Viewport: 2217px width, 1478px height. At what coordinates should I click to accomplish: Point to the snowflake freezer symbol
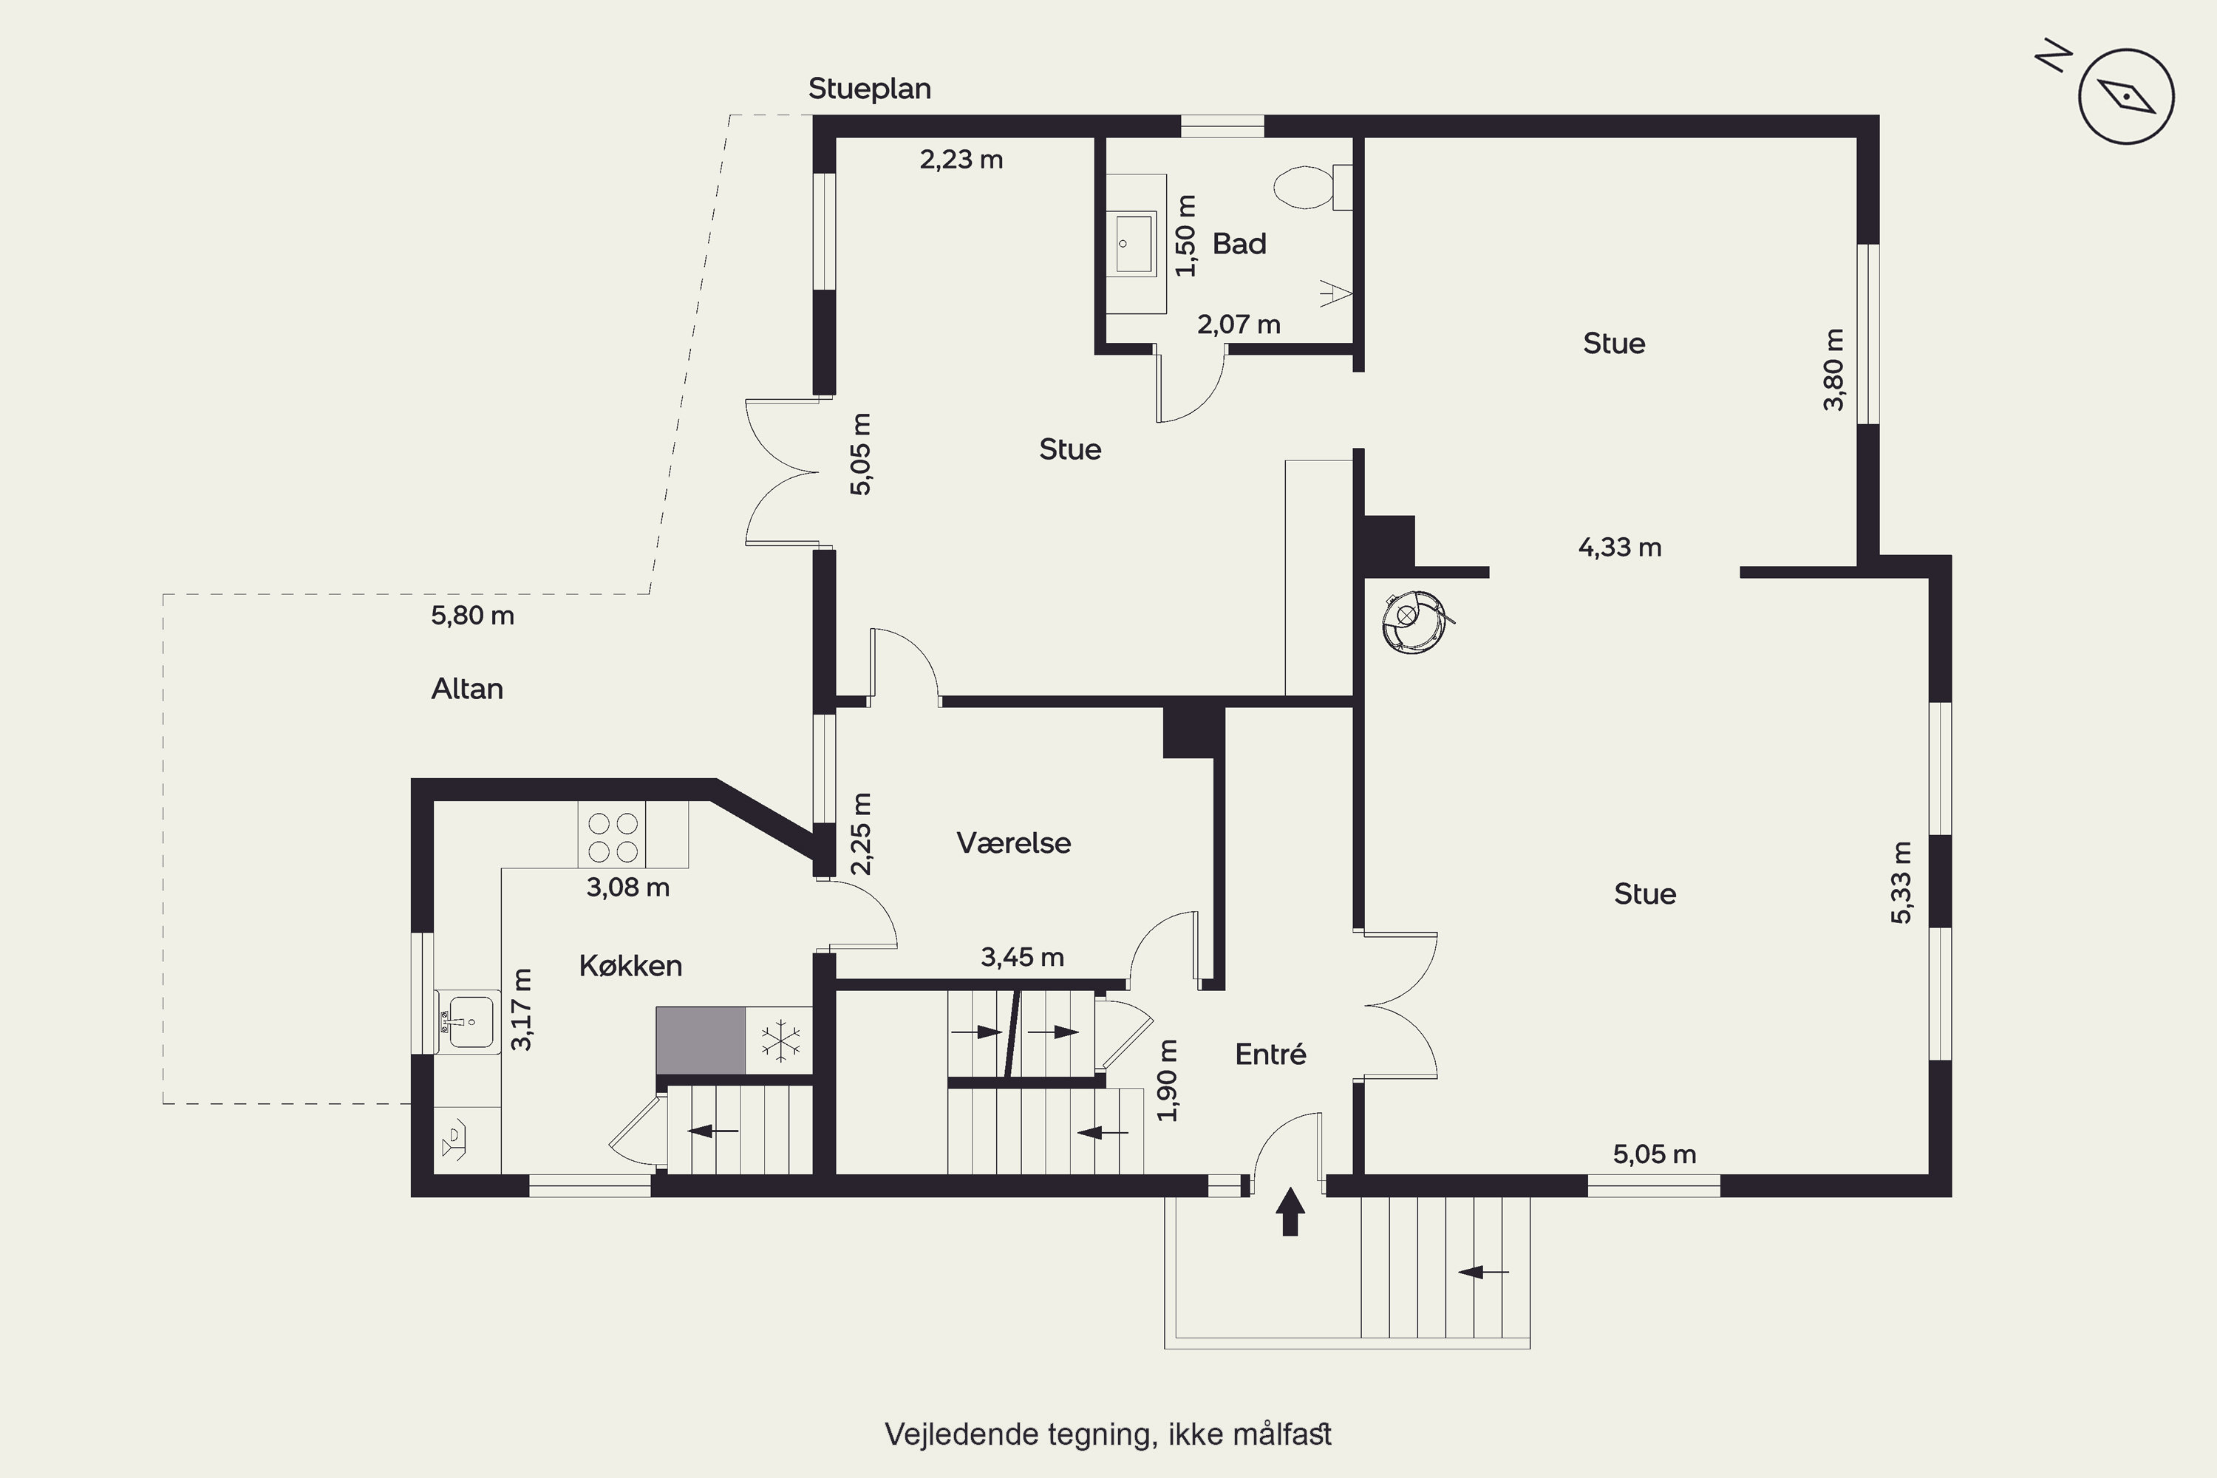780,1041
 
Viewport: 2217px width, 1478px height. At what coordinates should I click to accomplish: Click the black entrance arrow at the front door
1290,1211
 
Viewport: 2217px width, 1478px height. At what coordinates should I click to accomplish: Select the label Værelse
1013,842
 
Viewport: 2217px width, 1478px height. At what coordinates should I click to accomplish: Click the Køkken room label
630,965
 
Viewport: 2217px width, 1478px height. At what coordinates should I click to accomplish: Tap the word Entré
1270,1054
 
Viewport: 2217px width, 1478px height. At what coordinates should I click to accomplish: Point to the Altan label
466,689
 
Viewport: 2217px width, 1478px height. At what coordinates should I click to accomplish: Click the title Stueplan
870,89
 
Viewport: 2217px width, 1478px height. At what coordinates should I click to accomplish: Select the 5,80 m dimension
472,616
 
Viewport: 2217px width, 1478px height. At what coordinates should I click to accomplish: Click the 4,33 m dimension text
1619,548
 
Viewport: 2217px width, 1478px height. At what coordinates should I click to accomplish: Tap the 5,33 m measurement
1901,882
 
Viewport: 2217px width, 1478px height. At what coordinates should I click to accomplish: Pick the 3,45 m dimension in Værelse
1022,958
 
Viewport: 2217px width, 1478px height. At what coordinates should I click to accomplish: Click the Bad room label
1239,243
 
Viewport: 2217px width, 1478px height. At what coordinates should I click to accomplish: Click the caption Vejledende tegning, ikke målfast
1108,1434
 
